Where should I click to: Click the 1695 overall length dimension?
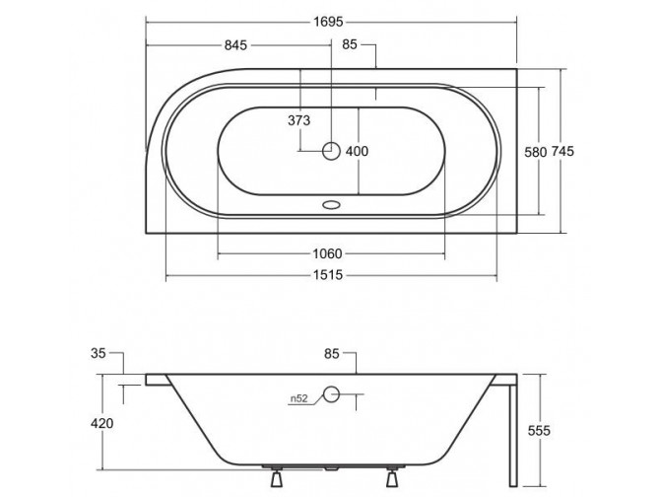click(331, 21)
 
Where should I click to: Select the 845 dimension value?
click(233, 45)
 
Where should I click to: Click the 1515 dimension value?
click(331, 276)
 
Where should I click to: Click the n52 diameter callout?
click(299, 399)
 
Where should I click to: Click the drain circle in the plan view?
click(331, 151)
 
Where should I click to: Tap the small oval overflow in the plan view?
click(331, 207)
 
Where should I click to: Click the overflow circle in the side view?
click(331, 396)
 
